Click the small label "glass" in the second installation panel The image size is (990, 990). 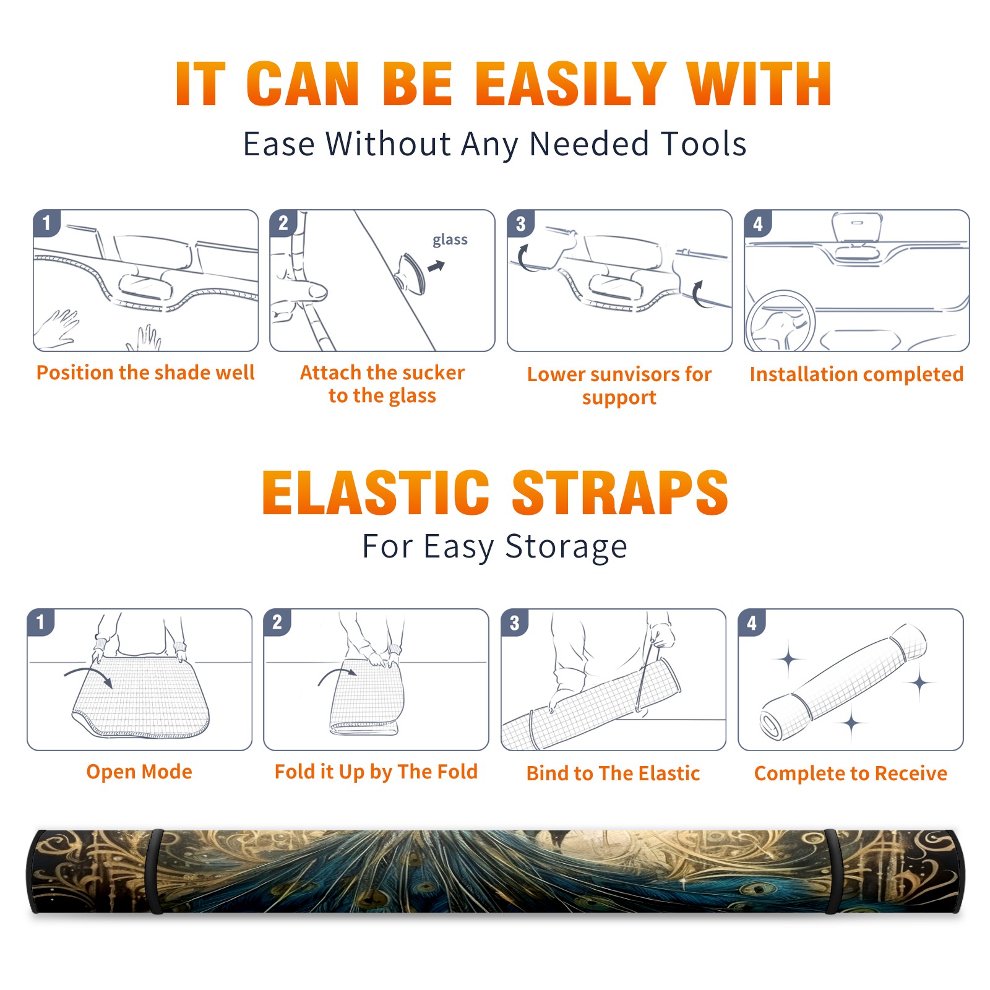pyautogui.click(x=450, y=240)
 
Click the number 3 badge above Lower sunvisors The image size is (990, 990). pyautogui.click(x=520, y=224)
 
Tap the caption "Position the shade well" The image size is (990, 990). pyautogui.click(x=145, y=372)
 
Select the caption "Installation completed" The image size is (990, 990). pyautogui.click(x=856, y=374)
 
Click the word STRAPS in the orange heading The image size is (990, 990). pyautogui.click(x=620, y=493)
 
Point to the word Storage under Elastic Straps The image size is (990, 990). pyautogui.click(x=566, y=548)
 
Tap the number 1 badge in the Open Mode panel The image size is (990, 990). pyautogui.click(x=41, y=622)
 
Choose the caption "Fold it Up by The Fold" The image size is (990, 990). pyautogui.click(x=376, y=772)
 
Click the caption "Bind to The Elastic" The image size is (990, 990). pyautogui.click(x=613, y=773)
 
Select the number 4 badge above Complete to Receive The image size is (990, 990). pyautogui.click(x=752, y=623)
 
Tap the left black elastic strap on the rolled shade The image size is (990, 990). pyautogui.click(x=155, y=871)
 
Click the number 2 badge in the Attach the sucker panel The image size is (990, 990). pyautogui.click(x=283, y=223)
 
